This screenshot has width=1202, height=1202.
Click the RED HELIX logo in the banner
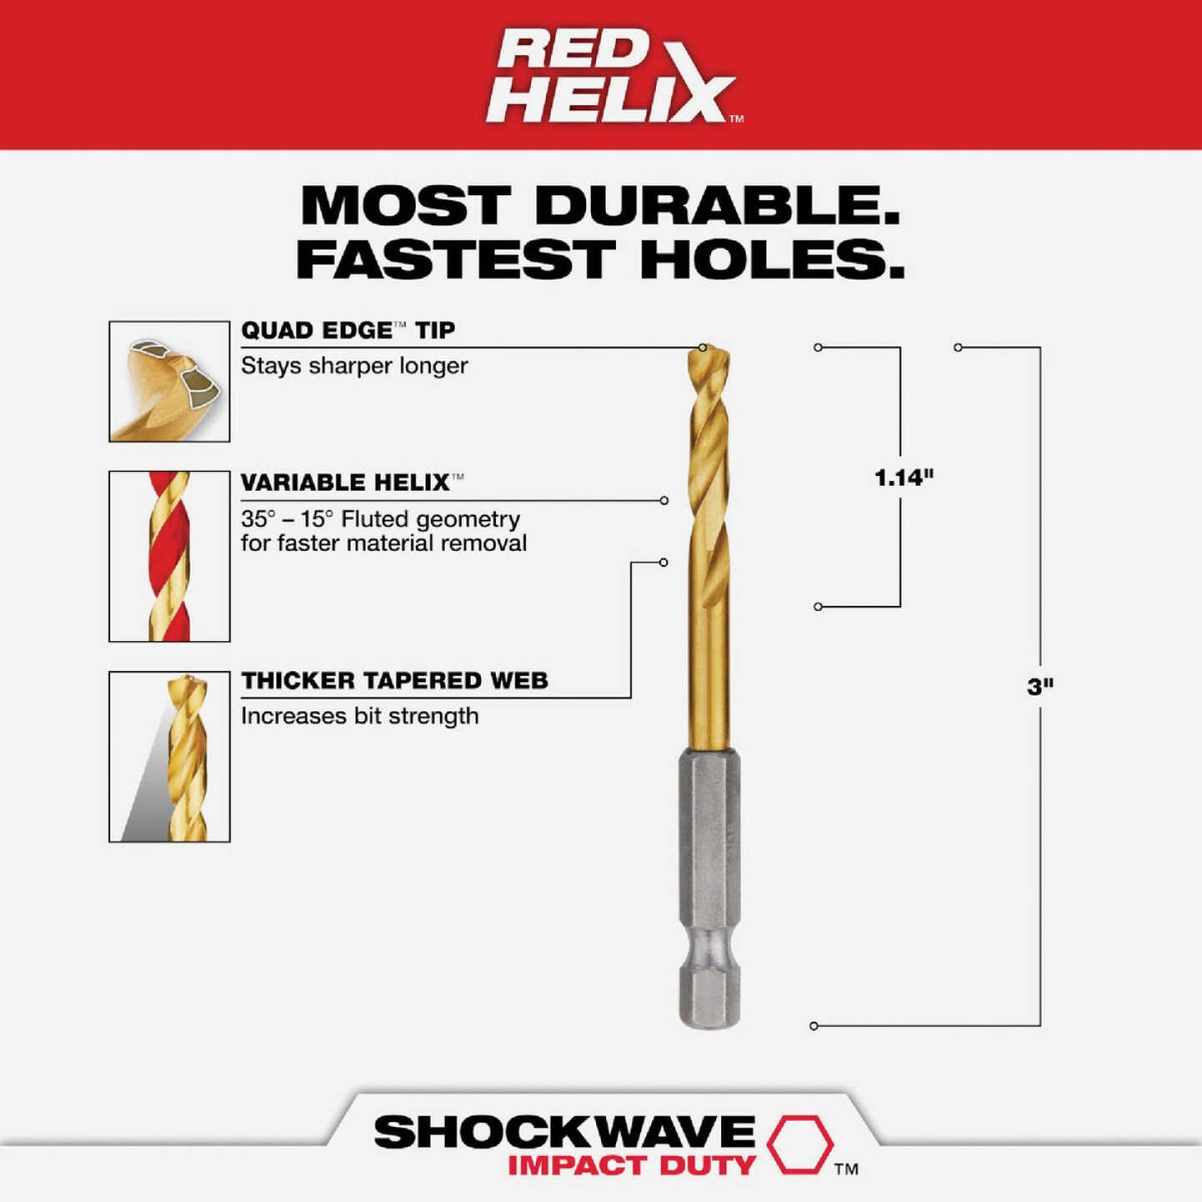(614, 76)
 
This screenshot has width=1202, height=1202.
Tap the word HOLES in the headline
(772, 260)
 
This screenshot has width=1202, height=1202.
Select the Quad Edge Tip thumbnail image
(169, 381)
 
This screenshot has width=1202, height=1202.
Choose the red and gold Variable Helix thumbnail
(169, 556)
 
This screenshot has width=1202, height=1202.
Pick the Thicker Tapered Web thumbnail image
(169, 756)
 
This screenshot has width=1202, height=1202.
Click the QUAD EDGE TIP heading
(348, 331)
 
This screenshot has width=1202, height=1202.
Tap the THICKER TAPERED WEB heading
(395, 680)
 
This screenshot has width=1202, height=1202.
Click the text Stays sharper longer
(354, 366)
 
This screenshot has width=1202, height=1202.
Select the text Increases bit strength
(360, 716)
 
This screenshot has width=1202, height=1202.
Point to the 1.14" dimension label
(903, 477)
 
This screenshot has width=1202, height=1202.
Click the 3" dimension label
(1040, 686)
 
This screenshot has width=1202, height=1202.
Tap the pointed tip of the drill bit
(706, 351)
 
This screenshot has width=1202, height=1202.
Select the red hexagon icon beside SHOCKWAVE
(800, 1143)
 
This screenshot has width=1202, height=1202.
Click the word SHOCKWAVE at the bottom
(564, 1132)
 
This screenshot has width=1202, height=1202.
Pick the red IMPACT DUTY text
(631, 1165)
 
